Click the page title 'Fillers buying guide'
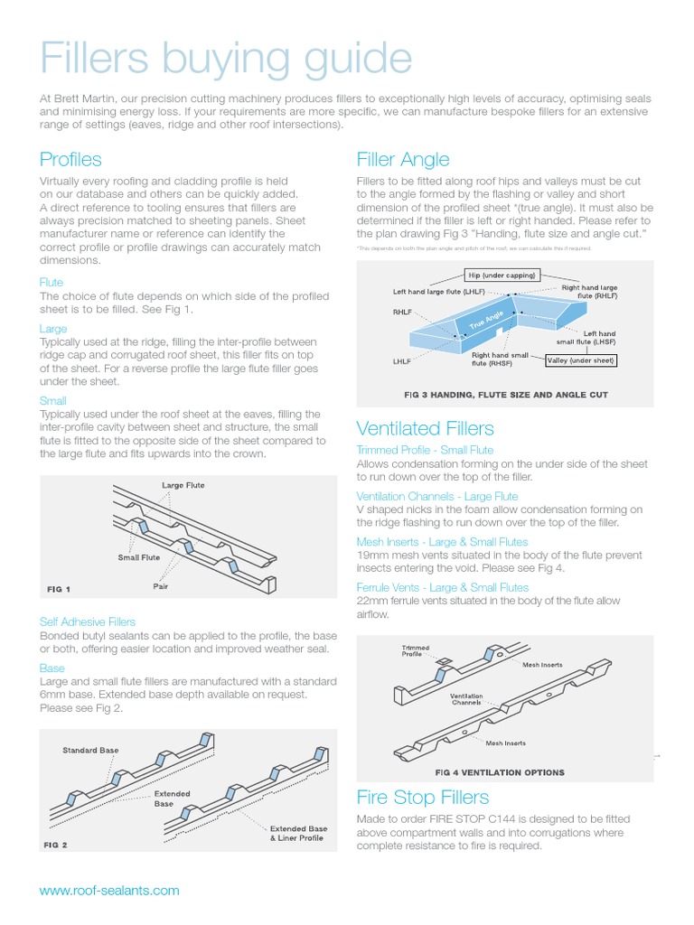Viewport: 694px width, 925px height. pyautogui.click(x=226, y=60)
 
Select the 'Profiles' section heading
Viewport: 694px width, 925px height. pyautogui.click(x=70, y=160)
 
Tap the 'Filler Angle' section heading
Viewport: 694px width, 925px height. pyautogui.click(x=403, y=160)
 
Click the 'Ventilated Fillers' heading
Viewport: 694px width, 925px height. pyautogui.click(x=425, y=428)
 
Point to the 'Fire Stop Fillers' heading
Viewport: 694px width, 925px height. pyautogui.click(x=423, y=798)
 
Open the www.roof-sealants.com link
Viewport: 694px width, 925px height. pyautogui.click(x=109, y=890)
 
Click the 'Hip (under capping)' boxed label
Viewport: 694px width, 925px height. pyautogui.click(x=502, y=275)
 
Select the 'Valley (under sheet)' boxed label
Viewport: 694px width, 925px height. pyautogui.click(x=581, y=360)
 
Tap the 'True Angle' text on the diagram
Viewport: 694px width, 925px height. pyautogui.click(x=485, y=320)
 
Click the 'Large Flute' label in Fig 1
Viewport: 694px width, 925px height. pyautogui.click(x=183, y=485)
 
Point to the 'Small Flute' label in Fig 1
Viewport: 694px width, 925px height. pyautogui.click(x=139, y=557)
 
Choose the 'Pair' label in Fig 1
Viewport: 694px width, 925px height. pyautogui.click(x=161, y=586)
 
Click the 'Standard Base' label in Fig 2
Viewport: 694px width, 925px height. pyautogui.click(x=90, y=751)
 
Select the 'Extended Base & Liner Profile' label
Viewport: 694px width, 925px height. pyautogui.click(x=298, y=834)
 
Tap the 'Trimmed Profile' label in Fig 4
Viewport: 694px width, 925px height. pyautogui.click(x=416, y=651)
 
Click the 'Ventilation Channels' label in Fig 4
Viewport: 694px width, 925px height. pyautogui.click(x=466, y=699)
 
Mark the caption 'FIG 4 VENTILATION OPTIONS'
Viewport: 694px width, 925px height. pyautogui.click(x=500, y=772)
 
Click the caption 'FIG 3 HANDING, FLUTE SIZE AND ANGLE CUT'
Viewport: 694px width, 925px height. pyautogui.click(x=505, y=395)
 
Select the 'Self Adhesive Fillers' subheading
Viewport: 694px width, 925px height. pyautogui.click(x=88, y=621)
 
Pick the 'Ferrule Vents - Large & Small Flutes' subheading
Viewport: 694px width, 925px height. pyautogui.click(x=443, y=587)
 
